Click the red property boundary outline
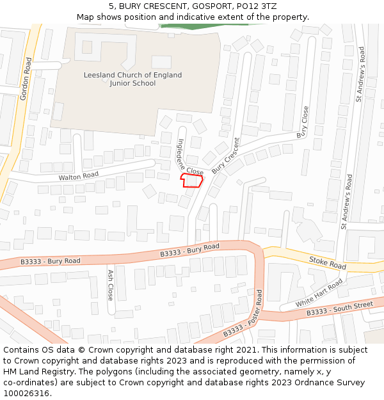point(192,180)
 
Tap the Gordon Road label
point(26,79)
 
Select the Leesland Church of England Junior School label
point(132,79)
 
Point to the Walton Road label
point(79,175)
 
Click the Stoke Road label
point(327,262)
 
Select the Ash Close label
point(110,285)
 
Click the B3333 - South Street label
point(339,308)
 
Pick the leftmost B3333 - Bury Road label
point(51,261)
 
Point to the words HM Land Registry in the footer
point(35,371)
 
